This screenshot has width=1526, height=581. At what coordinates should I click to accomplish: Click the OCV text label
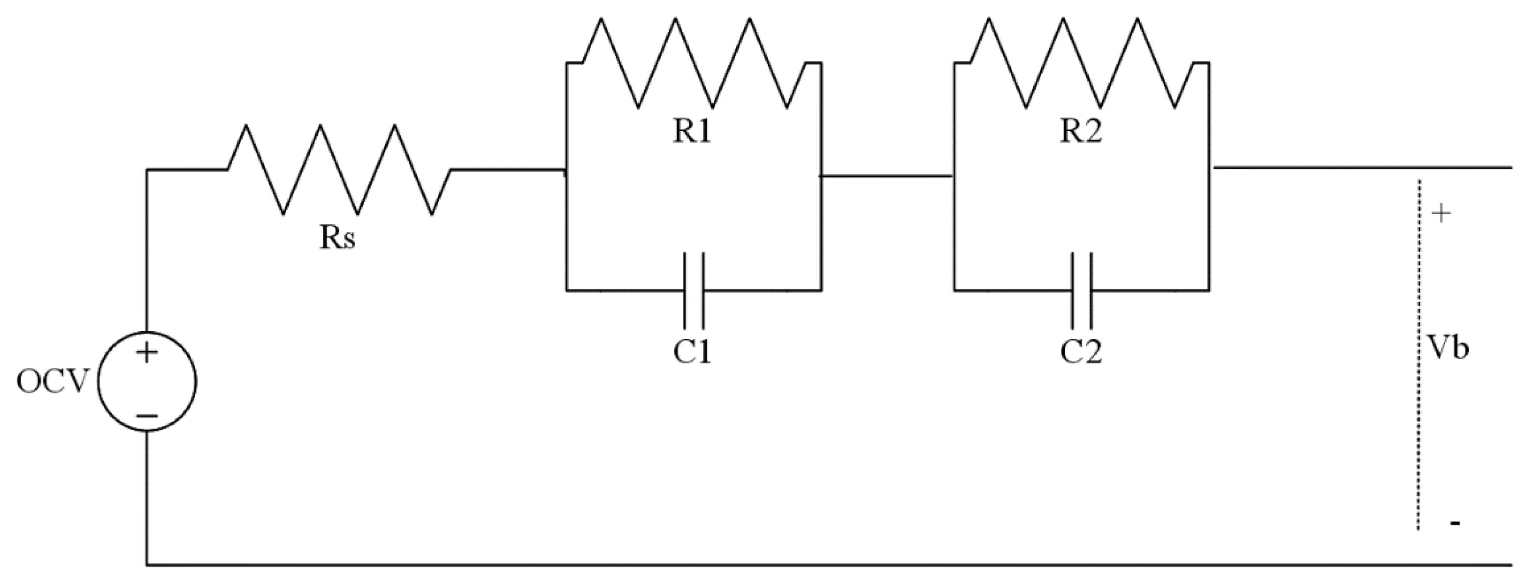pos(51,383)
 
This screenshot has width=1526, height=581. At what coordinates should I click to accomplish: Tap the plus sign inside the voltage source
pos(147,354)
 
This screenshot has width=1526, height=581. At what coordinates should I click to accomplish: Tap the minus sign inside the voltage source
pos(147,416)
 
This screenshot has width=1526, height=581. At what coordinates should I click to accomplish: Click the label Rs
pos(338,238)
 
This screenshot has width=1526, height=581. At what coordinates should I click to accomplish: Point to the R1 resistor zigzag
pos(694,63)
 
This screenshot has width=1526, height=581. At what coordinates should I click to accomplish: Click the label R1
pos(692,133)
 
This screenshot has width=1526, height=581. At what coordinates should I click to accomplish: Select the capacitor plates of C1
pos(694,290)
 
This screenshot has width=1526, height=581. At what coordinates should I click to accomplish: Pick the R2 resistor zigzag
pos(1081,63)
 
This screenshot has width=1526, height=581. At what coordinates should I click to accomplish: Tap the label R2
pos(1080,133)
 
